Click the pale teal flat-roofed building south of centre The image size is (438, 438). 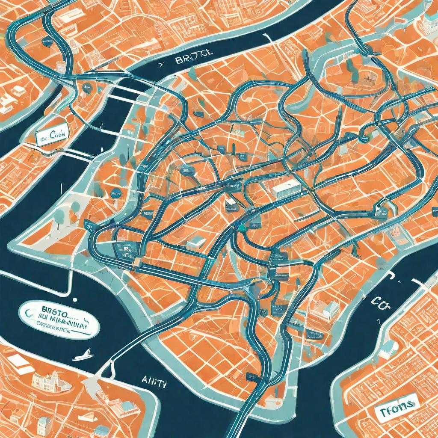196,242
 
